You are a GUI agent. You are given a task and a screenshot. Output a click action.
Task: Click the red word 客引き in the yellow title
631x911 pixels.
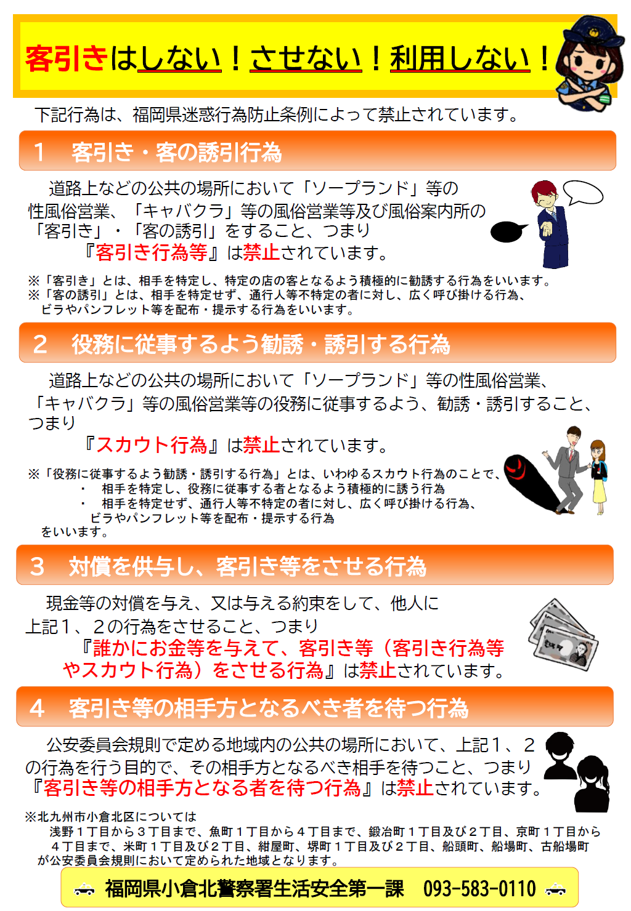(67, 59)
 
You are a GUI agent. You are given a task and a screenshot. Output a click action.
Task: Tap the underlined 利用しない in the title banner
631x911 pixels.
(460, 59)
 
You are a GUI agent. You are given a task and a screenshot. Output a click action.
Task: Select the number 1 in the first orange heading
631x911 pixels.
(39, 152)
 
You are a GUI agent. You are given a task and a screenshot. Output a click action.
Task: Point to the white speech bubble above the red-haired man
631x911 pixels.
(583, 193)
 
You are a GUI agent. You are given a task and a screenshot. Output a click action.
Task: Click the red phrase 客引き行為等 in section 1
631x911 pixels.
(152, 252)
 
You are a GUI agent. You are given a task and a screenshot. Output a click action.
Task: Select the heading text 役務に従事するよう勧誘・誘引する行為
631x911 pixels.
(260, 344)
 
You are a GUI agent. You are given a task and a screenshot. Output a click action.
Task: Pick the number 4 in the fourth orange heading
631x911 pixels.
(37, 708)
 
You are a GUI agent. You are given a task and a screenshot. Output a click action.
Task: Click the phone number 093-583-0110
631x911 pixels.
(479, 888)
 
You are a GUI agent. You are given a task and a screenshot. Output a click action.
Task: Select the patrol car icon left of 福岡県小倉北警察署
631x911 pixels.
(84, 889)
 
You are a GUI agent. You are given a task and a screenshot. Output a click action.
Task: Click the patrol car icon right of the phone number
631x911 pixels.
(556, 889)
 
